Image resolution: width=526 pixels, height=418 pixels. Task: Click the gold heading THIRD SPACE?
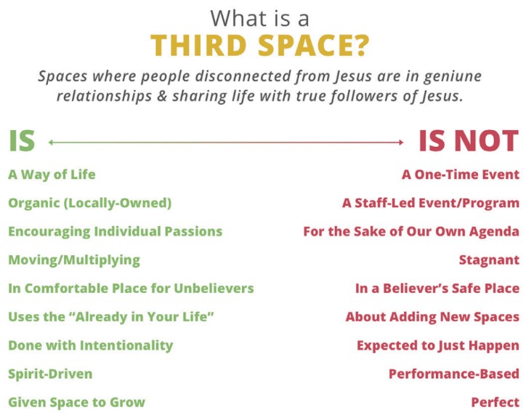pos(259,46)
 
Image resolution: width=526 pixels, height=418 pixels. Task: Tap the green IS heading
pos(22,141)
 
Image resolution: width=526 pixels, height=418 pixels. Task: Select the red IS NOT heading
pos(469,141)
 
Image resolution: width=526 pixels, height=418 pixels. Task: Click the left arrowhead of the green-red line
pos(50,142)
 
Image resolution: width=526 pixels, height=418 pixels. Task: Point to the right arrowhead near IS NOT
pos(401,142)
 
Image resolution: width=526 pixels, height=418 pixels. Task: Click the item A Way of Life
pos(52,175)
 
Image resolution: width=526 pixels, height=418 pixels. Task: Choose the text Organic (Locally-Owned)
pos(90,203)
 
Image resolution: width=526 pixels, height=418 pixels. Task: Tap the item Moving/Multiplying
pos(74,260)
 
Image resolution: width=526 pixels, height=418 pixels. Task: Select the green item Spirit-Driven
pos(50,374)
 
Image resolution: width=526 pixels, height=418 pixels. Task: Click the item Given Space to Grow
pos(77,402)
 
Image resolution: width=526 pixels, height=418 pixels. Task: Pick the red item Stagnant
pos(489,260)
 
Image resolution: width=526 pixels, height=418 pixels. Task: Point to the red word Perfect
pos(495,402)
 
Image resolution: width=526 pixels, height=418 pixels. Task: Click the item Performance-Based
pos(454,374)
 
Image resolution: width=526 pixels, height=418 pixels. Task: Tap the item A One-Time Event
pos(461,174)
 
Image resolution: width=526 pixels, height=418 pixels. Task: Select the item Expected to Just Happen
pos(438,345)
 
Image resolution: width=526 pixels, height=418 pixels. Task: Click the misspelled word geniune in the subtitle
pos(453,77)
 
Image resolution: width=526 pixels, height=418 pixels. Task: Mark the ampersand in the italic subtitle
pos(162,96)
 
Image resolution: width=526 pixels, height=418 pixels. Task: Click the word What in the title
pos(235,18)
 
